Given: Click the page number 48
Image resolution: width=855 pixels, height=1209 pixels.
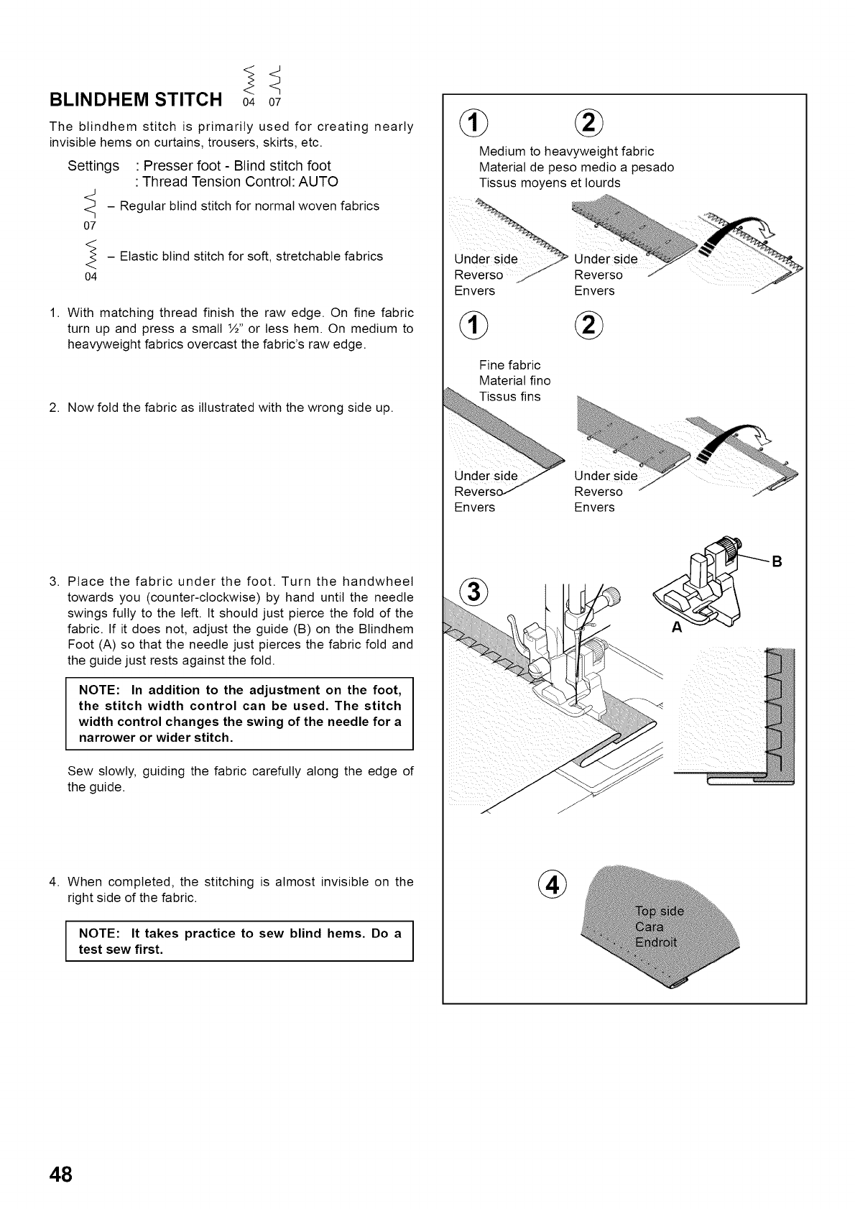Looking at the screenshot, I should click(x=60, y=1174).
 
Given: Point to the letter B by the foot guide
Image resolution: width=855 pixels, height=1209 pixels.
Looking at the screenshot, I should click(x=776, y=561).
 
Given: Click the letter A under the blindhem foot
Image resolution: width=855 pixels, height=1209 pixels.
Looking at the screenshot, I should click(x=675, y=627).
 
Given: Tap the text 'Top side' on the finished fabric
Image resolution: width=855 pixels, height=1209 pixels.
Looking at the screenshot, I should click(x=660, y=911).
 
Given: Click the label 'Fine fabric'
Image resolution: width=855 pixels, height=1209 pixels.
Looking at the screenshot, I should click(x=509, y=365).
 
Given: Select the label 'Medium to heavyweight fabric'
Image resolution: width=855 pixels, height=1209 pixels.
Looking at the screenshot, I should click(x=566, y=151).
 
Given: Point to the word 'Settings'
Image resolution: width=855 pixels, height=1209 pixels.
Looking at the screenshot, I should click(x=93, y=166).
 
